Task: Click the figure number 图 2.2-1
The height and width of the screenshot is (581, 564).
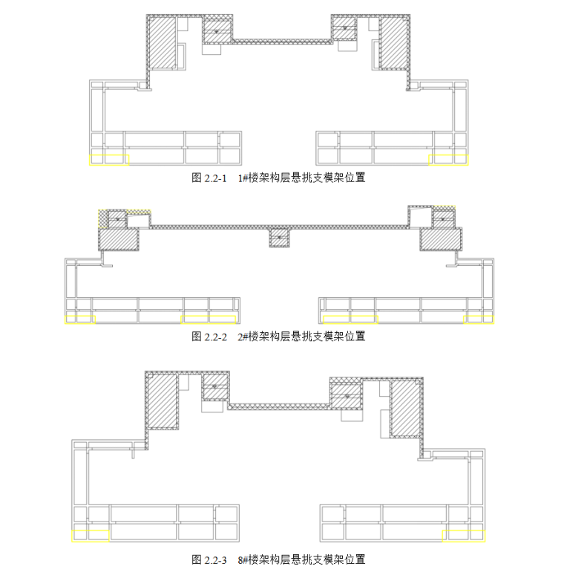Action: click(x=209, y=178)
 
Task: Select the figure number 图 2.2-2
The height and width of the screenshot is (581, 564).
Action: click(x=209, y=337)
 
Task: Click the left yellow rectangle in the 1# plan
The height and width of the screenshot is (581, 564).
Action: click(x=109, y=160)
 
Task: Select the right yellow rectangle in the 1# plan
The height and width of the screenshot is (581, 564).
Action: click(x=449, y=160)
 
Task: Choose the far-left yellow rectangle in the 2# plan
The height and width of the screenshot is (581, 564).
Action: click(x=80, y=319)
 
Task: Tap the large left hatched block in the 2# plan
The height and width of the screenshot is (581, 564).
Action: click(x=119, y=239)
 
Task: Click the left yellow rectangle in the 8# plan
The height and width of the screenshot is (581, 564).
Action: click(x=91, y=535)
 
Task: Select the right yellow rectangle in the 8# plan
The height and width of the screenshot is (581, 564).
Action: click(x=464, y=535)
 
